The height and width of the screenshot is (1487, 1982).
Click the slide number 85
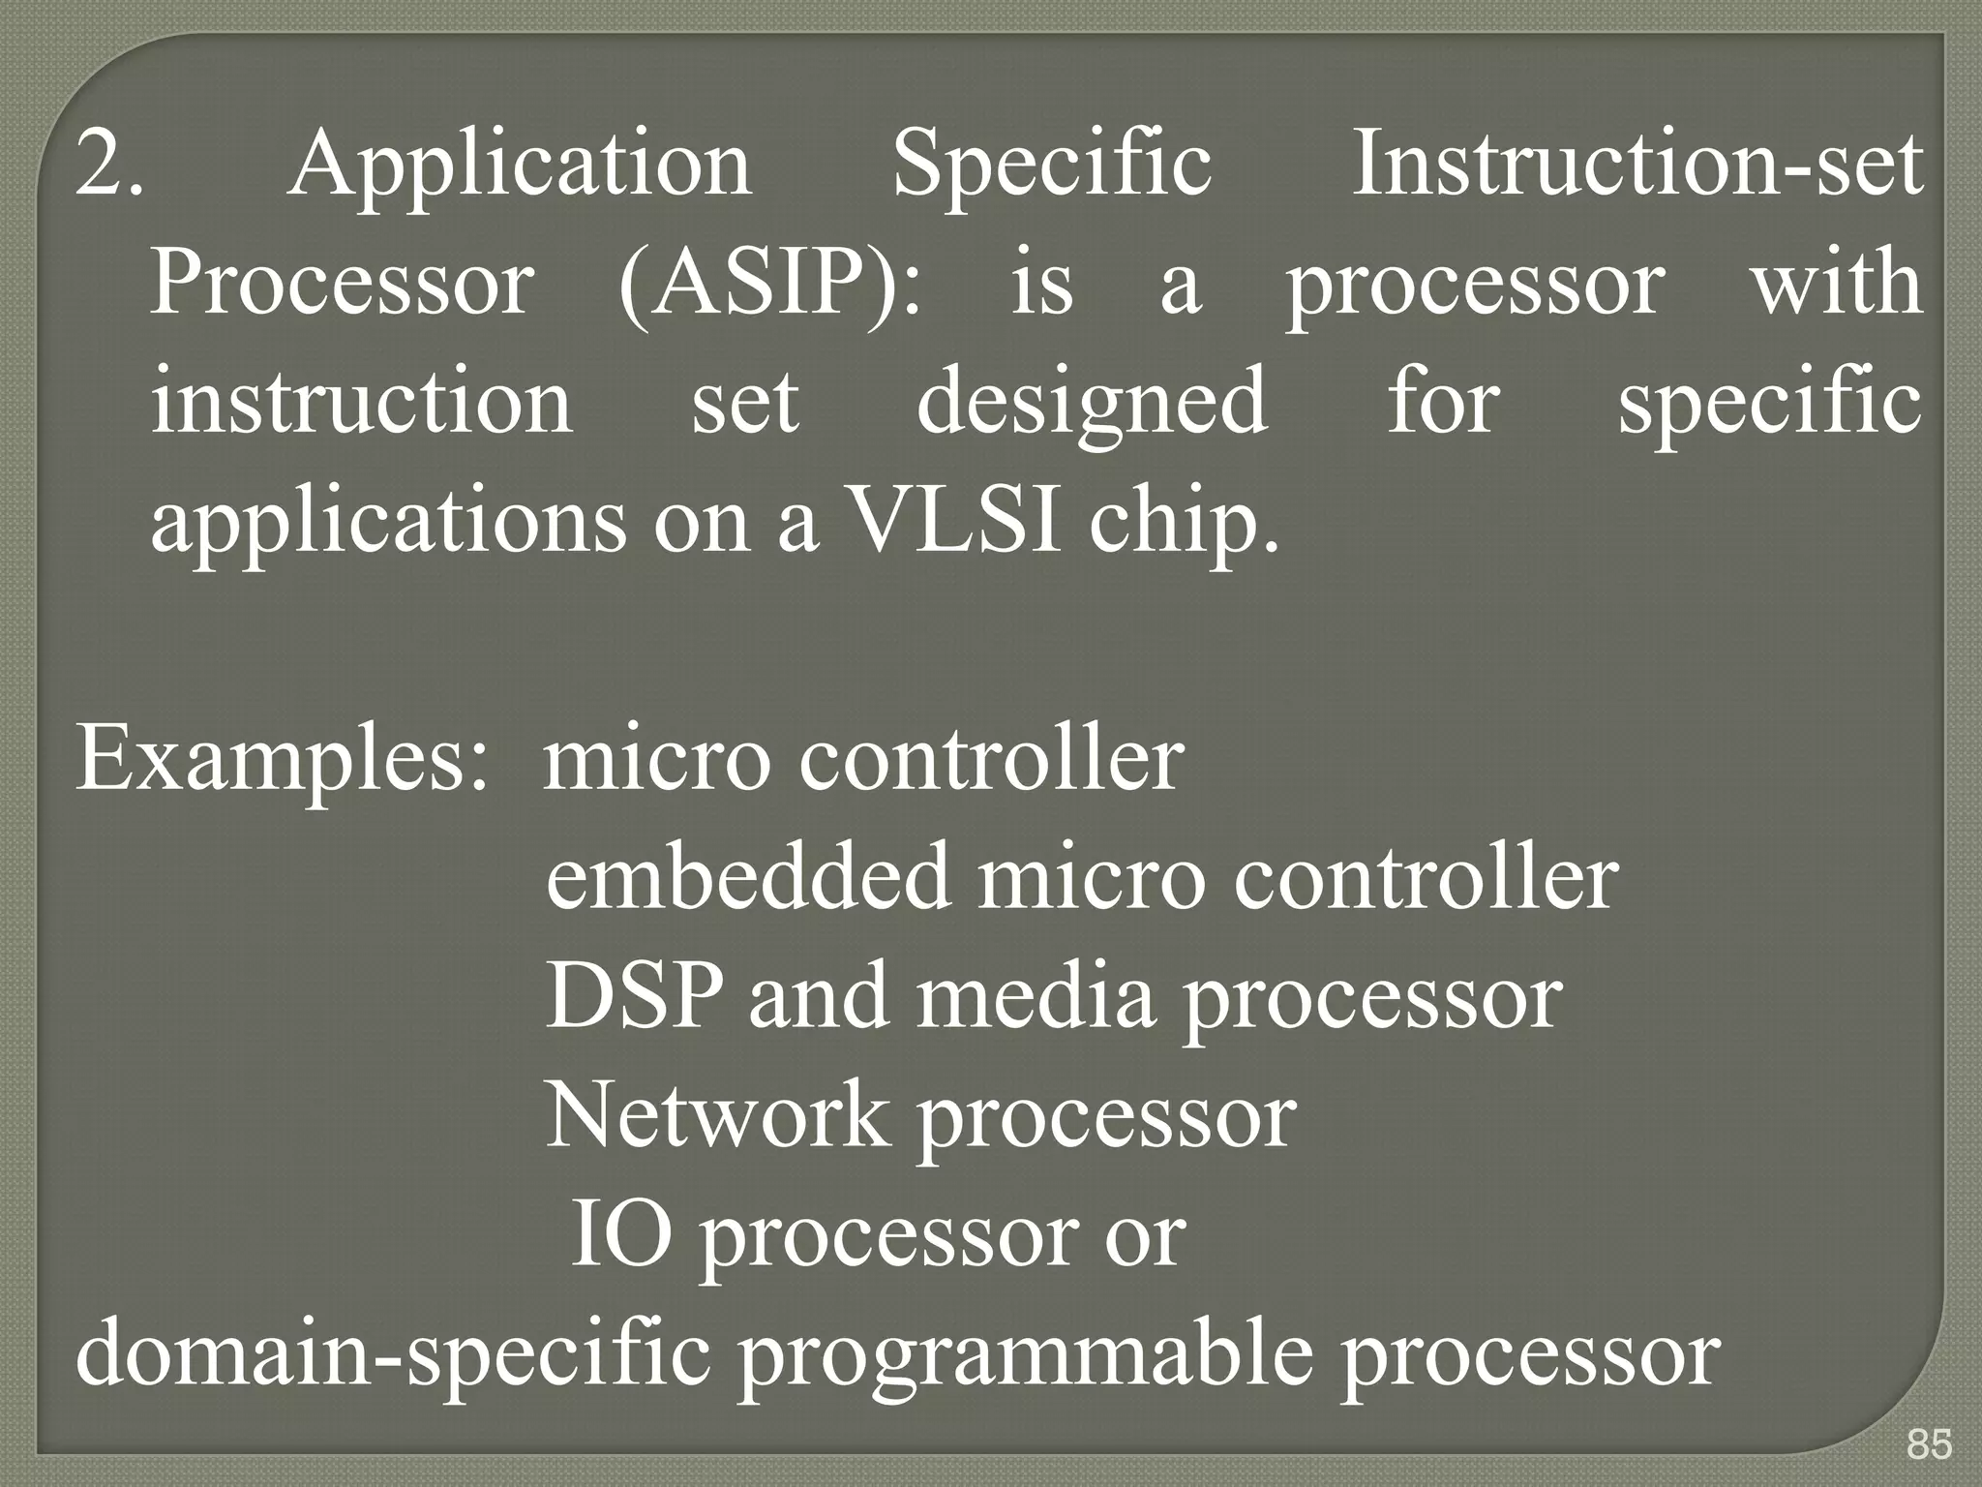point(1929,1444)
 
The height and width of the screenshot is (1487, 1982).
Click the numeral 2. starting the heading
point(109,165)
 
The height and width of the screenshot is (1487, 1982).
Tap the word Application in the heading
point(520,165)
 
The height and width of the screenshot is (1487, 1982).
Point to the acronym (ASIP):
point(770,283)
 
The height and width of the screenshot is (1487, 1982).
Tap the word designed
point(1092,403)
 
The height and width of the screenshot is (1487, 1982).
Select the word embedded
point(747,877)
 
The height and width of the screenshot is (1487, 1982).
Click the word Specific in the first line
point(1051,165)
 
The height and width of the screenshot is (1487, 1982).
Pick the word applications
point(388,523)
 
